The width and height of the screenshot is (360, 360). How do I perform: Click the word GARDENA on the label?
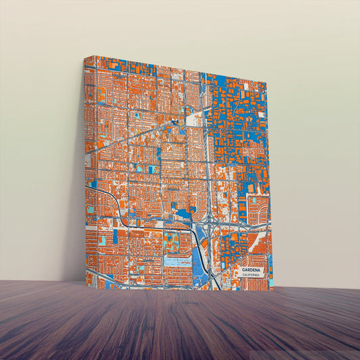253,269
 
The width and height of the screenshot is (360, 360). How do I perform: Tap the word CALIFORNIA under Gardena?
253,275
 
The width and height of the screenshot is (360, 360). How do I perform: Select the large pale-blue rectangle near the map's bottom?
178,262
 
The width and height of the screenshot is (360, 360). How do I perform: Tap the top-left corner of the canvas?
84,57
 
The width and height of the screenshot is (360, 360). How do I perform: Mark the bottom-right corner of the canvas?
272,290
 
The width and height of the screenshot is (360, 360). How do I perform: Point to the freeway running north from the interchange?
208,169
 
